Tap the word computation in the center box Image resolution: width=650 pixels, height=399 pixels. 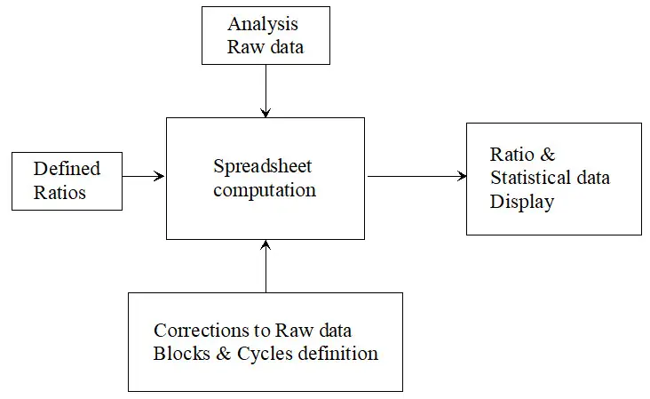pos(265,190)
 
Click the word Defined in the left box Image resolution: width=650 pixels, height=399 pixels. pos(67,168)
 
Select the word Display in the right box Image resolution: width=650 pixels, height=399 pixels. pos(521,202)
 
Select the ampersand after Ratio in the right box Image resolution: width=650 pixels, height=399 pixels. pos(547,155)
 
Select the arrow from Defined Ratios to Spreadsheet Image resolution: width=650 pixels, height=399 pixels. pos(144,176)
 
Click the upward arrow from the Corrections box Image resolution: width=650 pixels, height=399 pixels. pos(266,267)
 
